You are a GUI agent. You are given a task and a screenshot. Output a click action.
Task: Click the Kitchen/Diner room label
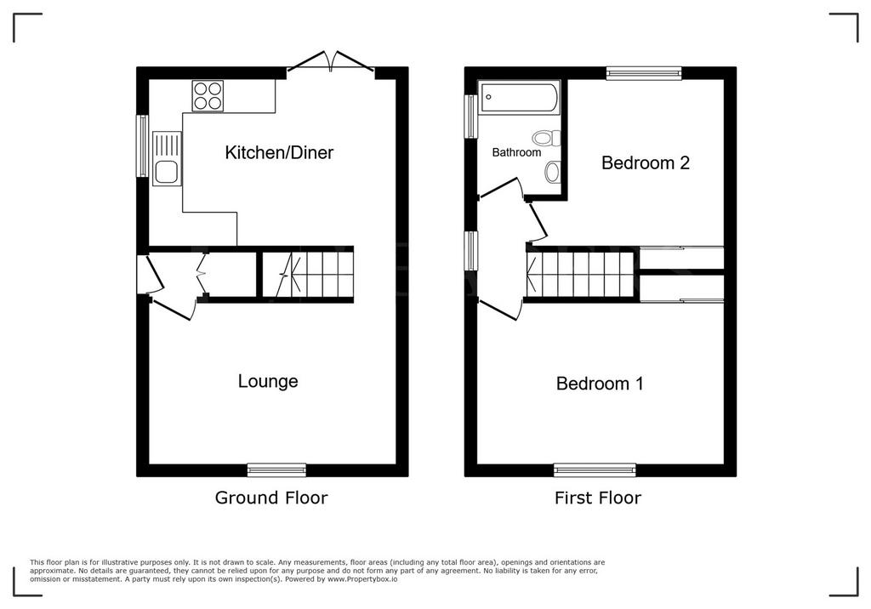pyautogui.click(x=279, y=152)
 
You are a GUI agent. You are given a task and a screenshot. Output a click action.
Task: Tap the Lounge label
pyautogui.click(x=268, y=381)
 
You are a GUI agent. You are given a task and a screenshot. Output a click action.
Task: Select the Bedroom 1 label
pyautogui.click(x=600, y=384)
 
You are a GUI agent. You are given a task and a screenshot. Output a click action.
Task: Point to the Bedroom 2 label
pyautogui.click(x=646, y=162)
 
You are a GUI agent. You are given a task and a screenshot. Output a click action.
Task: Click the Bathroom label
pyautogui.click(x=516, y=152)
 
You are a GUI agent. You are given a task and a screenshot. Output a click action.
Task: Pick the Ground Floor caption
pyautogui.click(x=271, y=498)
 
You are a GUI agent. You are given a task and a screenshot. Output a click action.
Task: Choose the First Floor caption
pyautogui.click(x=598, y=498)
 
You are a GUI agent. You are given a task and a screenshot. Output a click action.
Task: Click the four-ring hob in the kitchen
pyautogui.click(x=208, y=95)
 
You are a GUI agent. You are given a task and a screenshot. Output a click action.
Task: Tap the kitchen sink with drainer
pyautogui.click(x=168, y=158)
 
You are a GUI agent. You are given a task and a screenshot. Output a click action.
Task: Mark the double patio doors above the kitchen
pyautogui.click(x=331, y=62)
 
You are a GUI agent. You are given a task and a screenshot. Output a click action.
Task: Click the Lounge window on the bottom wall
pyautogui.click(x=276, y=470)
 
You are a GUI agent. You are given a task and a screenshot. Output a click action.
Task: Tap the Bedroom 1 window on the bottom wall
pyautogui.click(x=595, y=470)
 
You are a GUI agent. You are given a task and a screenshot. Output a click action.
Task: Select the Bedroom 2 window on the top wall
pyautogui.click(x=644, y=73)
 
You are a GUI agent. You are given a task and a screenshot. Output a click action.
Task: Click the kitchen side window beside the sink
pyautogui.click(x=143, y=146)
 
